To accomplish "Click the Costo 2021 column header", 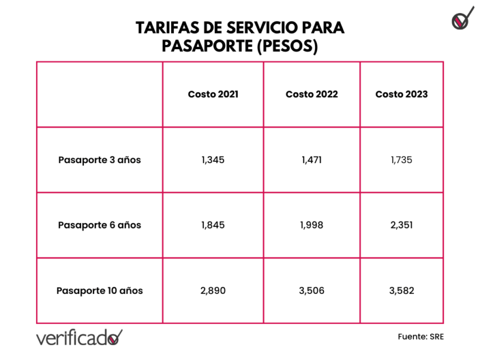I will [213, 94].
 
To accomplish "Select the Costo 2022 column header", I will [311, 94].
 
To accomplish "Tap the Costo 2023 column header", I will [401, 94].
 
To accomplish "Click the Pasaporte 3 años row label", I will [100, 160].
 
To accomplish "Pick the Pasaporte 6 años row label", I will [100, 225].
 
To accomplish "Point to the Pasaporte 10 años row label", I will [100, 290].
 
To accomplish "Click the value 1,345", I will [213, 160].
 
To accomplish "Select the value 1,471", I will [311, 160].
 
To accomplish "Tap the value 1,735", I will [401, 160].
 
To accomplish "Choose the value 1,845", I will [213, 225].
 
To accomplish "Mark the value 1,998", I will [311, 225].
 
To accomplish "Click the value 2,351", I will [401, 225].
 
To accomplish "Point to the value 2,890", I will [213, 290].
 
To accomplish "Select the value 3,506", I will [311, 290].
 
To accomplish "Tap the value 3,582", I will [401, 290].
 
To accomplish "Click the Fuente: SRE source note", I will [421, 337].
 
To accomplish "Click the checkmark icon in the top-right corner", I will [460, 20].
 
